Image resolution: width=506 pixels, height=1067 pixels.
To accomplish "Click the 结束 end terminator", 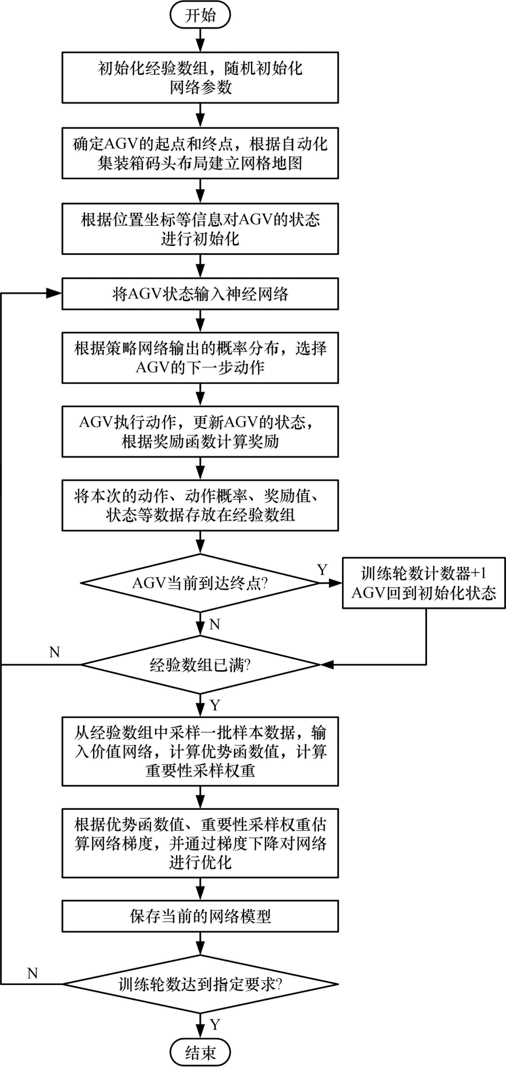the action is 200,1052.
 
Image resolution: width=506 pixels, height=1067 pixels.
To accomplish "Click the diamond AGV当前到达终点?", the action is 200,583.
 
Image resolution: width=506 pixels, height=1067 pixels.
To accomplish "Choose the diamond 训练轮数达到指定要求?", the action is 200,984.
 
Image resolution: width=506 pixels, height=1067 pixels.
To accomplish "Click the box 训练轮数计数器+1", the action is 424,583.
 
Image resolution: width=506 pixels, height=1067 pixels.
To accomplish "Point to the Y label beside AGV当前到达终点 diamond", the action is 322,570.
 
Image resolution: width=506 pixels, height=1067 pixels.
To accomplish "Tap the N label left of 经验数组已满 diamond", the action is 54,652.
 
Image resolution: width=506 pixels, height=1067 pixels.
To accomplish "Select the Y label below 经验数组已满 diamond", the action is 215,705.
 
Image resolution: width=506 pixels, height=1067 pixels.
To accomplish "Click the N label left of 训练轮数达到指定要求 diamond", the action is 33,973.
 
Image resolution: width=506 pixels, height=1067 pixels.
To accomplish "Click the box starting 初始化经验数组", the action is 200,77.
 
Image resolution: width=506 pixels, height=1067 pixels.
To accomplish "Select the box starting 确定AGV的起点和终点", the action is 200,153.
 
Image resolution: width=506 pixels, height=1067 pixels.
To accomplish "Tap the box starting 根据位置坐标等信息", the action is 200,229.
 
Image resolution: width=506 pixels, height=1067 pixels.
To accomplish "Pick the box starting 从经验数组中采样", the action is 200,751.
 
